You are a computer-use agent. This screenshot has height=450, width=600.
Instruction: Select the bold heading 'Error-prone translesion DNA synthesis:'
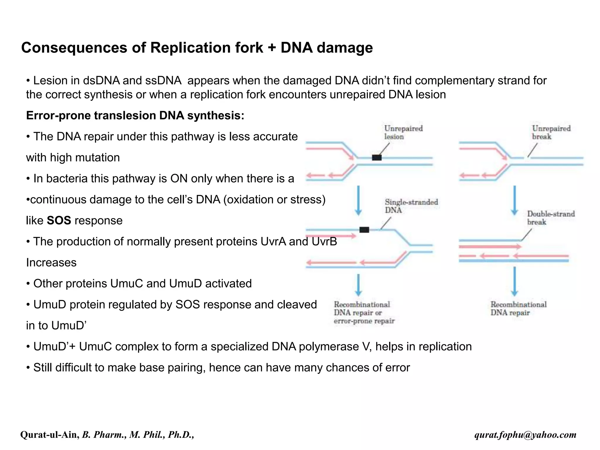pyautogui.click(x=135, y=115)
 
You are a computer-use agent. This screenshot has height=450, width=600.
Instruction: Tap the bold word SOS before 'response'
pyautogui.click(x=59, y=220)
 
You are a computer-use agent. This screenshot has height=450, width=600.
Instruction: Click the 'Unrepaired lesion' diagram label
pyautogui.click(x=403, y=132)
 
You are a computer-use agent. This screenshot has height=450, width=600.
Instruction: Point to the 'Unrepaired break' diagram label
pyautogui.click(x=551, y=132)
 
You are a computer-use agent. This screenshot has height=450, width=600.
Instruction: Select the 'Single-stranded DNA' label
pyautogui.click(x=411, y=206)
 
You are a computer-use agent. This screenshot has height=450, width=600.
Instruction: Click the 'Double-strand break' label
pyautogui.click(x=551, y=218)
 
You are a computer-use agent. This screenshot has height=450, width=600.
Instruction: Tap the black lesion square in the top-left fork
pyautogui.click(x=376, y=158)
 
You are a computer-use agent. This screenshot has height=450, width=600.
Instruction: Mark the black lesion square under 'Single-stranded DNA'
pyautogui.click(x=364, y=230)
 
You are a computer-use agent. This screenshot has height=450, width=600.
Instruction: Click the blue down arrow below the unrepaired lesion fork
pyautogui.click(x=358, y=200)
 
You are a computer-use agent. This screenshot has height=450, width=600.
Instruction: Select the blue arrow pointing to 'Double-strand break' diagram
pyautogui.click(x=514, y=200)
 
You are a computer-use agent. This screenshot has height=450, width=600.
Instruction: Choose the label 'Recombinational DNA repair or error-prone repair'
pyautogui.click(x=364, y=313)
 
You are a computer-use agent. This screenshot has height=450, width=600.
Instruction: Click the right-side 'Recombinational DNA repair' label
pyautogui.click(x=518, y=308)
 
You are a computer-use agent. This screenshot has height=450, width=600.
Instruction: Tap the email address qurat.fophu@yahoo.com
pyautogui.click(x=525, y=434)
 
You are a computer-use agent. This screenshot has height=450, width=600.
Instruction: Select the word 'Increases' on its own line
pyautogui.click(x=51, y=262)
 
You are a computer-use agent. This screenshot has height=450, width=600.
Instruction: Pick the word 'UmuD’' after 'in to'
pyautogui.click(x=69, y=325)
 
